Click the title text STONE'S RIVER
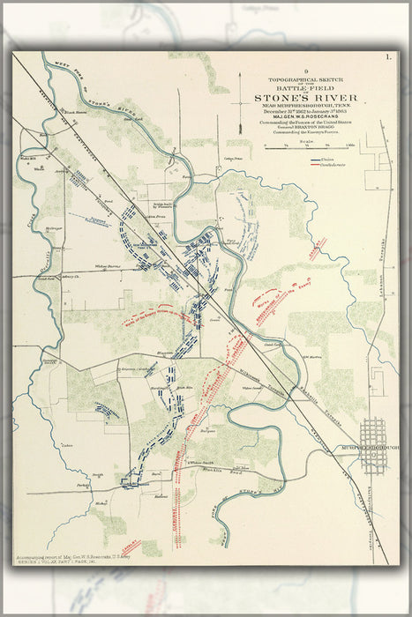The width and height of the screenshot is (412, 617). click(x=304, y=98)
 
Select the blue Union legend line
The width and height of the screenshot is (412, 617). click(x=314, y=160)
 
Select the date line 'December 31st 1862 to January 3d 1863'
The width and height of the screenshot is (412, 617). click(x=304, y=108)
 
